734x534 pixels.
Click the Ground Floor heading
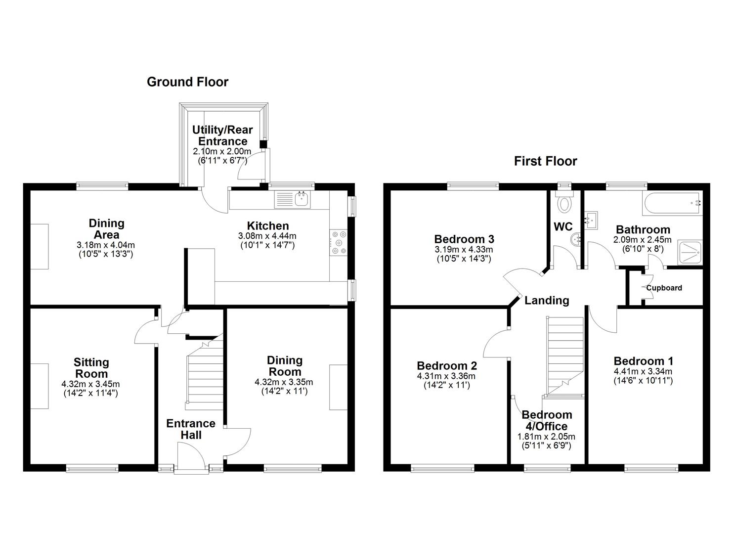[187, 82]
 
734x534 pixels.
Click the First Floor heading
[545, 161]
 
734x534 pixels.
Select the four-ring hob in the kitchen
[339, 242]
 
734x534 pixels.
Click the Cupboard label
[664, 288]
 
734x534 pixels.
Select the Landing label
[547, 300]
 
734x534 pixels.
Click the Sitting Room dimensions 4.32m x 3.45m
[90, 384]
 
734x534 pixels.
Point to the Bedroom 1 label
[643, 361]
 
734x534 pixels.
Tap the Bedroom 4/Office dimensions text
[546, 441]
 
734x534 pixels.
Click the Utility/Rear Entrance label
[222, 135]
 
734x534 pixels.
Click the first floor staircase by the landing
[564, 356]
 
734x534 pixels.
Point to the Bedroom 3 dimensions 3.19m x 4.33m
[464, 254]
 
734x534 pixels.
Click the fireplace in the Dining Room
[339, 387]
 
